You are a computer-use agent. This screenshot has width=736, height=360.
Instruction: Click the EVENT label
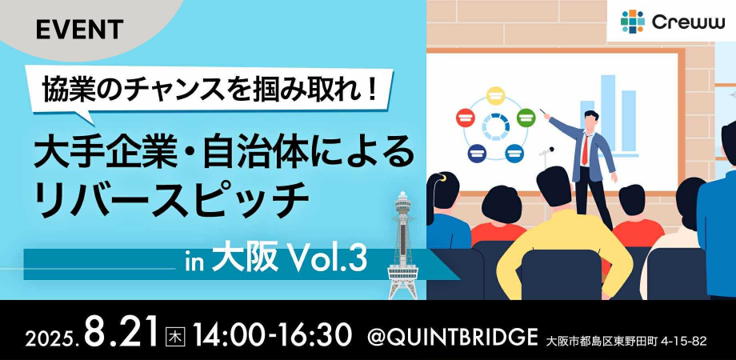coord(79,29)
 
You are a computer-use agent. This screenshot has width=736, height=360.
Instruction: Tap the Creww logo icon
coord(632,22)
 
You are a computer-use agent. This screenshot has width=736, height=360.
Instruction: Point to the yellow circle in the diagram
coord(494,96)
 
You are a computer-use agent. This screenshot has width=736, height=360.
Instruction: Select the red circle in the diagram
coord(465,118)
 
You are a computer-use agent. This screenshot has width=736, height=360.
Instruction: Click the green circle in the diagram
coord(526,118)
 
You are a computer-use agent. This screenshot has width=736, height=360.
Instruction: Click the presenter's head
coord(590,121)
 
